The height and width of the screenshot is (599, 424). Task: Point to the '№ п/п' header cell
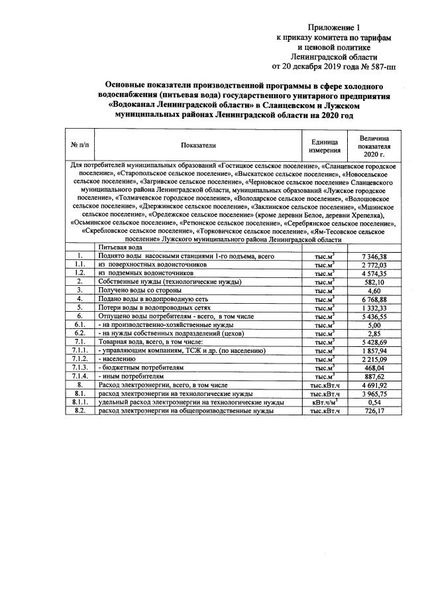pyautogui.click(x=79, y=145)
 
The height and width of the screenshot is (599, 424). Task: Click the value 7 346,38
pyautogui.click(x=374, y=256)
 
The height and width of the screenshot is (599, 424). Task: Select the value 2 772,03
pyautogui.click(x=374, y=265)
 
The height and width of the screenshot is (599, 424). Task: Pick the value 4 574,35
pyautogui.click(x=374, y=273)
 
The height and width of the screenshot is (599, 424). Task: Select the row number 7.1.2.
pyautogui.click(x=79, y=359)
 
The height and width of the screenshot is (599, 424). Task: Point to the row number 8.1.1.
pyautogui.click(x=79, y=402)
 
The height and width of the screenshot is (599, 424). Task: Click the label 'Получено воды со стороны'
pyautogui.click(x=139, y=290)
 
